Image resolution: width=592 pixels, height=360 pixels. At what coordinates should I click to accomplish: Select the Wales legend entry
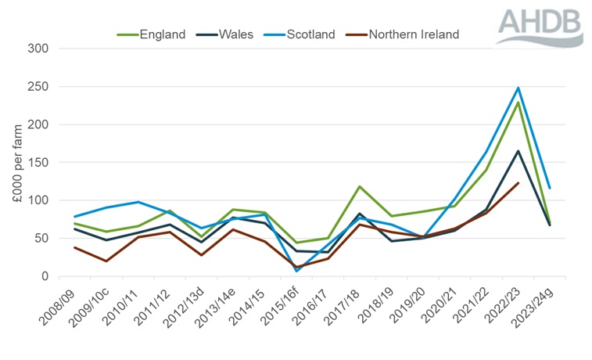click(234, 34)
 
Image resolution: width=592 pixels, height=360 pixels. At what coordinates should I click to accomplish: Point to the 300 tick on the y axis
click(38, 49)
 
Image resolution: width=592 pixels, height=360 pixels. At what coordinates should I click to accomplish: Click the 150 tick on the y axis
click(38, 163)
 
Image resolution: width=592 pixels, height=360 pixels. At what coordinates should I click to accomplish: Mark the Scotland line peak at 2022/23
click(518, 88)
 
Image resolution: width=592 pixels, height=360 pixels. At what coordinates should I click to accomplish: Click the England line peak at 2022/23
click(518, 103)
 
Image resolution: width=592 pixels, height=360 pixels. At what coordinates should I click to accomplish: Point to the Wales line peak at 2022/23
click(518, 151)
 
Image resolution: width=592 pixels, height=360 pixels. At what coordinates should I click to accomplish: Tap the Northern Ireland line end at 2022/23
click(518, 183)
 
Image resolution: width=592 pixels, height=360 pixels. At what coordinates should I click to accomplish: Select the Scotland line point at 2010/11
click(138, 202)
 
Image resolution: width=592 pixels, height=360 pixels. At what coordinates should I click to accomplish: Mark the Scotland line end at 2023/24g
click(551, 188)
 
